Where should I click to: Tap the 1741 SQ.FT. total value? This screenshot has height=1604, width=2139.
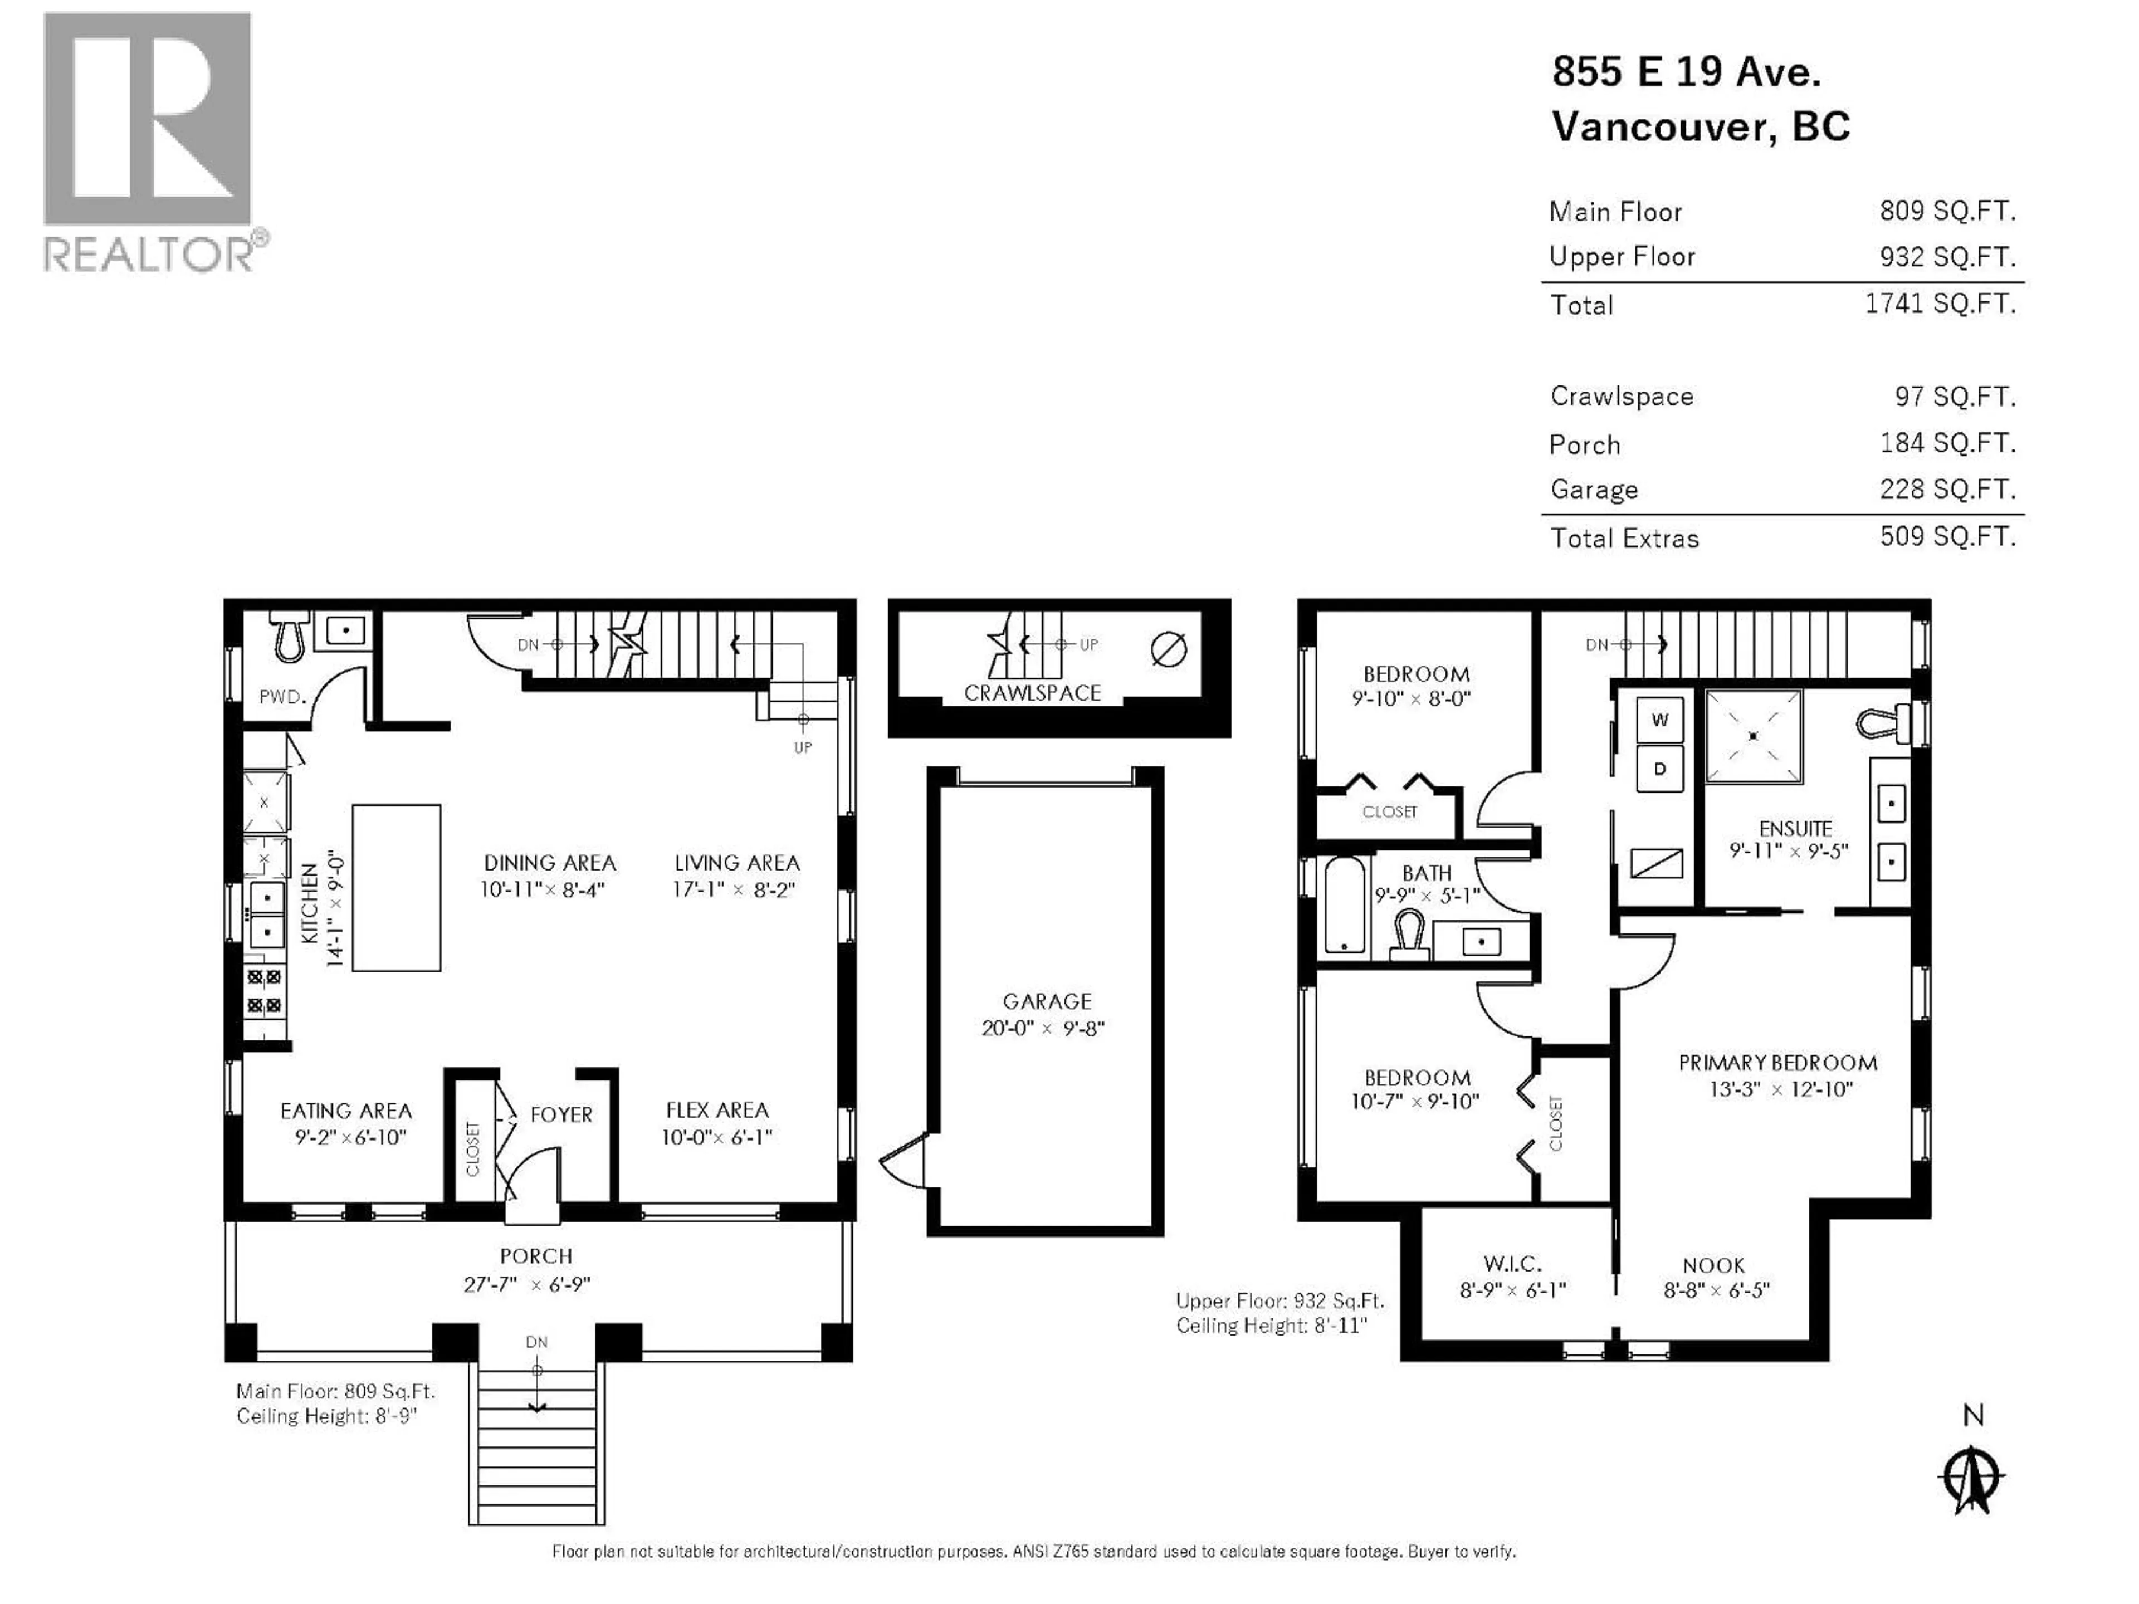pyautogui.click(x=1939, y=304)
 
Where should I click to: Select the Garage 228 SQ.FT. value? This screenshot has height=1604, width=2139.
pyautogui.click(x=1947, y=489)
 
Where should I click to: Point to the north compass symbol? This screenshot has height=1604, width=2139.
pyautogui.click(x=1972, y=1478)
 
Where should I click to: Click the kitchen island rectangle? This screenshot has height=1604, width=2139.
pyautogui.click(x=397, y=888)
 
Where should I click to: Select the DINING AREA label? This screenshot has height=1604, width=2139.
pyautogui.click(x=549, y=862)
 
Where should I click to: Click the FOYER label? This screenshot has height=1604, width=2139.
pyautogui.click(x=561, y=1115)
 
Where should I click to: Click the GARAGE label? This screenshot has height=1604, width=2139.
pyautogui.click(x=1046, y=1001)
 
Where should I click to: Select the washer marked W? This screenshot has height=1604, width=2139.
pyautogui.click(x=1659, y=720)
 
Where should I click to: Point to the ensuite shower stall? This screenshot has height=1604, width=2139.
pyautogui.click(x=1752, y=736)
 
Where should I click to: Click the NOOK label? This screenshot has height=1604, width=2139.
pyautogui.click(x=1713, y=1265)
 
